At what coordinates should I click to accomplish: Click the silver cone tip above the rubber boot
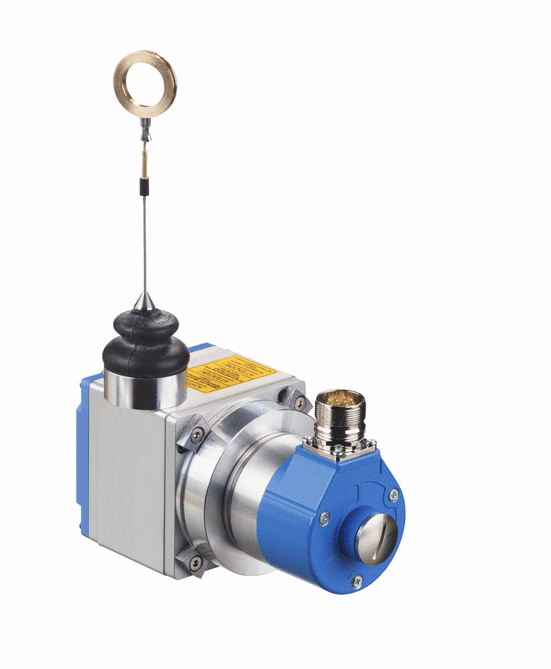click(x=145, y=301)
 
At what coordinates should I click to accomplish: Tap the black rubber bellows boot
click(x=145, y=342)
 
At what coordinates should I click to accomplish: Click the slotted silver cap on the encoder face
click(x=374, y=539)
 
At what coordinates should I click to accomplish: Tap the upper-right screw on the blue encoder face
click(x=393, y=495)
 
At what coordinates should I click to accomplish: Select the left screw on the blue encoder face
click(x=324, y=518)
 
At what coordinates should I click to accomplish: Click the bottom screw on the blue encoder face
click(x=357, y=581)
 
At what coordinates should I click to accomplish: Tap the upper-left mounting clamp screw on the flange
click(x=197, y=435)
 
